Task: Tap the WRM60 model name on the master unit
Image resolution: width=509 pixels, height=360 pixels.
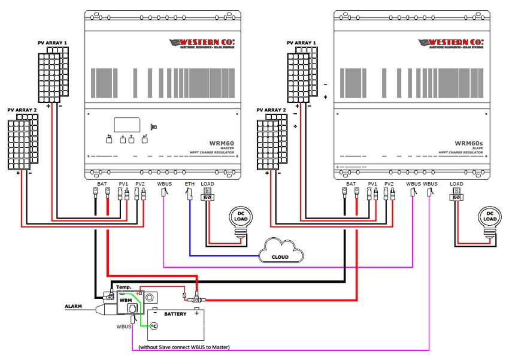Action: (222, 144)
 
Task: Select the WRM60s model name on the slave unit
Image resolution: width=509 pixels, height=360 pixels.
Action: (469, 144)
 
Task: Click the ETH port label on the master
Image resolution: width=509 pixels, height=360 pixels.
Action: (190, 183)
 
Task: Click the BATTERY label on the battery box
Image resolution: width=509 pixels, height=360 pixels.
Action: (175, 314)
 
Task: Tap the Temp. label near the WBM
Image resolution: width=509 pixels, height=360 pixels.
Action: (123, 287)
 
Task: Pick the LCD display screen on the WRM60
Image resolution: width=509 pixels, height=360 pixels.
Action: (127, 125)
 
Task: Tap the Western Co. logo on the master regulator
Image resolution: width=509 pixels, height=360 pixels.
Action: (202, 43)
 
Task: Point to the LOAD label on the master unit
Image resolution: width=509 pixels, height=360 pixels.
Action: (207, 183)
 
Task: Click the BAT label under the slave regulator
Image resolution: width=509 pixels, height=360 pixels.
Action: (352, 183)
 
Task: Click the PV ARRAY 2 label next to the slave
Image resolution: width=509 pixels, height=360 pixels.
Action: (271, 110)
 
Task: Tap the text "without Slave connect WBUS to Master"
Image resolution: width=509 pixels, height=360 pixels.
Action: (184, 347)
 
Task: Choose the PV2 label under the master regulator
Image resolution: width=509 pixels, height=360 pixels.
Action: (140, 183)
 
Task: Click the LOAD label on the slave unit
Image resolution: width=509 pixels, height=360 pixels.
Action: (456, 183)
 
